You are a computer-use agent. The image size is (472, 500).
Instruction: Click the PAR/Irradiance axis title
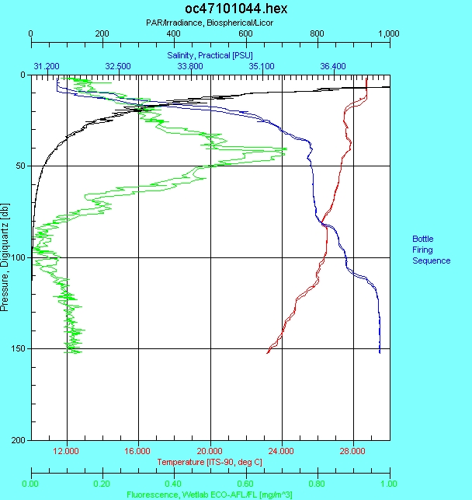click(x=210, y=23)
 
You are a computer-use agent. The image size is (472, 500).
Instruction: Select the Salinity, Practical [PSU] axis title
click(x=210, y=56)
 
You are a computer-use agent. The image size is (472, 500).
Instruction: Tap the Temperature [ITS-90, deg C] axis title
click(x=210, y=462)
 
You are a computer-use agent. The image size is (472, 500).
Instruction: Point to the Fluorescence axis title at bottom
click(x=210, y=493)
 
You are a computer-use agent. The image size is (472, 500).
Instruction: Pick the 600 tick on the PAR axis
click(x=245, y=34)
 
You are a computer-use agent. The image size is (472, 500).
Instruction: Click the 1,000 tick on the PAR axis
click(x=387, y=34)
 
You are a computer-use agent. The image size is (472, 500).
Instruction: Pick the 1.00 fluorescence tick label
click(x=389, y=482)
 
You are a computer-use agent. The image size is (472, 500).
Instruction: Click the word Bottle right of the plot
click(x=423, y=239)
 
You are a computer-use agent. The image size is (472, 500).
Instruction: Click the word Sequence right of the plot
click(x=431, y=260)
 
